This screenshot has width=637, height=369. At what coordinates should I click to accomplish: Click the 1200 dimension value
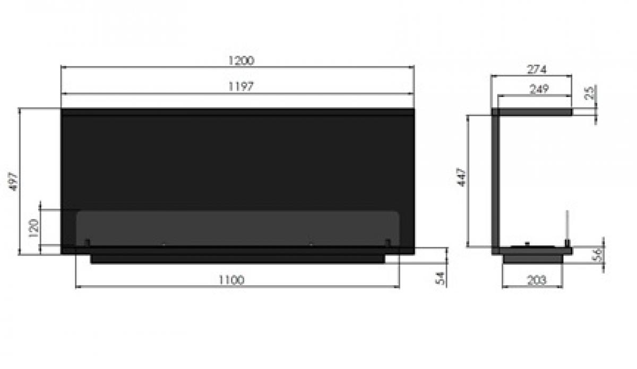pos(241,60)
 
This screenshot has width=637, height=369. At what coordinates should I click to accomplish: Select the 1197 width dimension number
pos(241,87)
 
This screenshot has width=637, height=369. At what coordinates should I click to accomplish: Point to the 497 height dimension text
pos(13,181)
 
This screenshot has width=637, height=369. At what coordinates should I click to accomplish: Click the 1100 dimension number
pos(231,280)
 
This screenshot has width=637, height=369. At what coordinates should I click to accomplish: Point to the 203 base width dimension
pos(537,281)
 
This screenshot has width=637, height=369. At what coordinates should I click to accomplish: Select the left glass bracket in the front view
pos(87,243)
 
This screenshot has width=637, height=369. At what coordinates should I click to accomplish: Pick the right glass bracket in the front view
pos(388,243)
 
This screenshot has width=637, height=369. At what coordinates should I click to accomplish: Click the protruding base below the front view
pos(238,259)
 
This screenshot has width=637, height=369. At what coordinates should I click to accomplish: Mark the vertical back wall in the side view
pos(495,180)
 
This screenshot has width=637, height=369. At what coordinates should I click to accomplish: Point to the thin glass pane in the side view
pos(567,225)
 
